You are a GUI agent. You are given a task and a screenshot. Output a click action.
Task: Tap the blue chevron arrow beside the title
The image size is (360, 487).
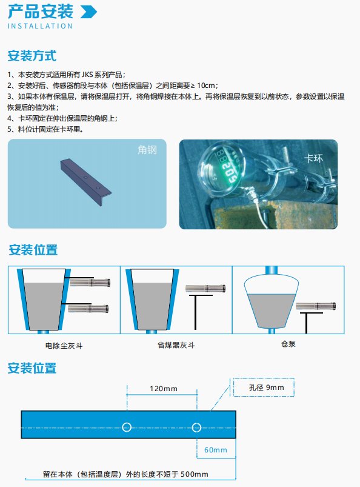(x=88, y=12)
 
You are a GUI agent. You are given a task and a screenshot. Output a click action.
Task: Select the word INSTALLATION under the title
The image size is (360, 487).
(x=40, y=26)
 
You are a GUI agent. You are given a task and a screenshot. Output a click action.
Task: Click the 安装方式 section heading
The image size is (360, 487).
(x=32, y=56)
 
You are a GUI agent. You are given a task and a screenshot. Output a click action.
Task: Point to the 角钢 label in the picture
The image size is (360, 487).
(x=147, y=150)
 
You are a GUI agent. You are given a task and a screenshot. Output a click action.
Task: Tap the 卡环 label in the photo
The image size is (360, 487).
(x=312, y=159)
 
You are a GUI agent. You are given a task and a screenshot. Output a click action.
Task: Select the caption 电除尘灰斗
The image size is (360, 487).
(x=62, y=346)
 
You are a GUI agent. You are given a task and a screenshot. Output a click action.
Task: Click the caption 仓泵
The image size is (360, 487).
(x=288, y=343)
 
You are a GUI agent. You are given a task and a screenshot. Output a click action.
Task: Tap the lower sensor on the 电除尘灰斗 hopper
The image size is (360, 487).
(x=90, y=309)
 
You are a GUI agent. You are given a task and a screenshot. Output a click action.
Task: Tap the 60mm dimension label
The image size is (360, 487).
(x=215, y=450)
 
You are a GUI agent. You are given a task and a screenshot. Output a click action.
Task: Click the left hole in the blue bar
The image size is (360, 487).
(x=127, y=428)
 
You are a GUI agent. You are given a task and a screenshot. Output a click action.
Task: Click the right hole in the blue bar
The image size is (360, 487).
(x=196, y=428)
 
